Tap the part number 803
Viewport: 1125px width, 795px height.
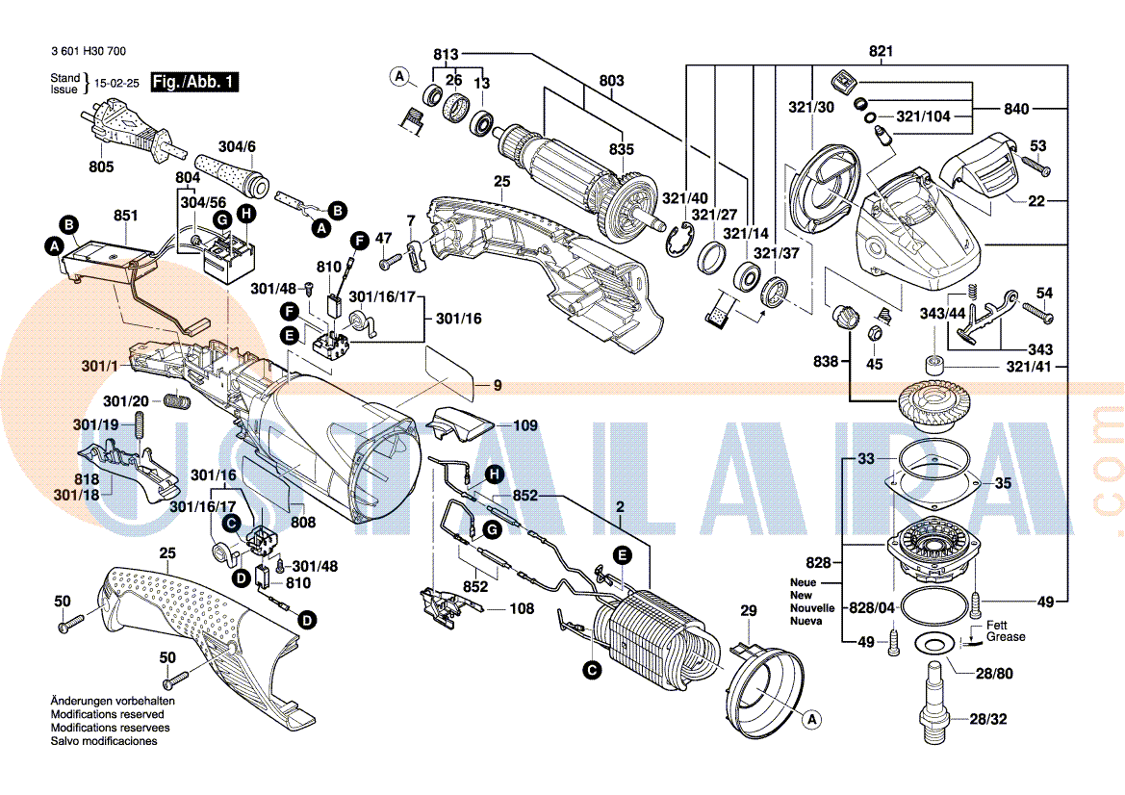coord(611,80)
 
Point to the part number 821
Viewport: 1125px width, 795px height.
coord(881,51)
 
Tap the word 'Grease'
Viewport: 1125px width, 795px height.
coord(1006,637)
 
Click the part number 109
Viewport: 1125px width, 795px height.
coord(524,425)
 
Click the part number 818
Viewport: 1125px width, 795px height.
coord(87,479)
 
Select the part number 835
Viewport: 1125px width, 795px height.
coord(622,149)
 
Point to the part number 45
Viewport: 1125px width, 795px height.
coord(874,364)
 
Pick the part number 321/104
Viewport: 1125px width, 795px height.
coord(923,116)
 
